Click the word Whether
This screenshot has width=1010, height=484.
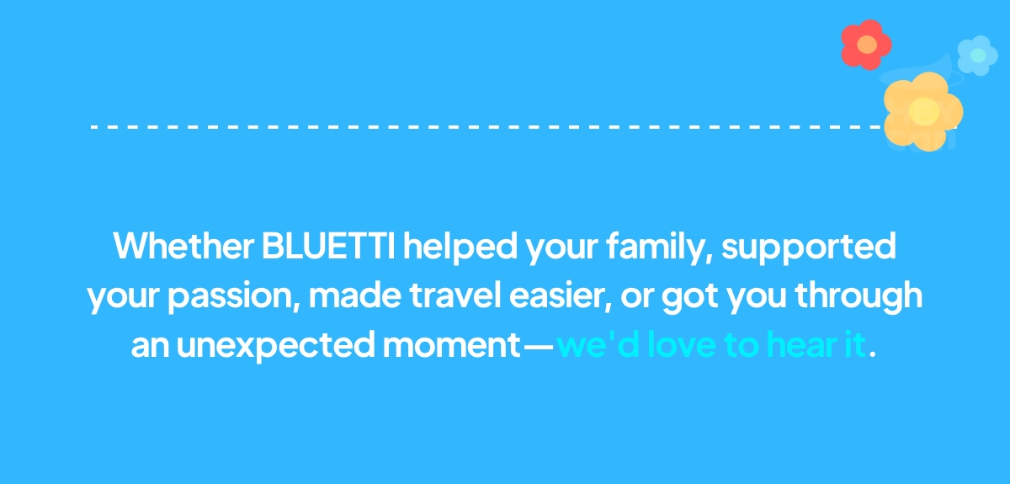pyautogui.click(x=183, y=246)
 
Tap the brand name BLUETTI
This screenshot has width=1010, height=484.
pyautogui.click(x=329, y=246)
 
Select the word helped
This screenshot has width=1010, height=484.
pyautogui.click(x=460, y=247)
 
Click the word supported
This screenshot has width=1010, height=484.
pyautogui.click(x=809, y=248)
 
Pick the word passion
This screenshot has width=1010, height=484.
pyautogui.click(x=234, y=296)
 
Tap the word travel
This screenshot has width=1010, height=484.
pyautogui.click(x=455, y=295)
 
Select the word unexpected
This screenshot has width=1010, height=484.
pyautogui.click(x=275, y=345)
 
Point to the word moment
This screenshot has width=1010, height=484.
pyautogui.click(x=452, y=344)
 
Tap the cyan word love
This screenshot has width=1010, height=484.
pyautogui.click(x=681, y=343)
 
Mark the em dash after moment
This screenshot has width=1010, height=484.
pyautogui.click(x=539, y=347)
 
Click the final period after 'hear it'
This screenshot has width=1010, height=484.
pyautogui.click(x=873, y=354)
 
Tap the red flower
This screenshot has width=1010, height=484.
pyautogui.click(x=867, y=45)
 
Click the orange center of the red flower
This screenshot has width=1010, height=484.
pyautogui.click(x=867, y=45)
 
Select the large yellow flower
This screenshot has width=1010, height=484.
pyautogui.click(x=923, y=112)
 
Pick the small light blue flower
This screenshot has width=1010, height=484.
pyautogui.click(x=977, y=56)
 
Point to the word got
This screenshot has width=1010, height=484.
pyautogui.click(x=690, y=297)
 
